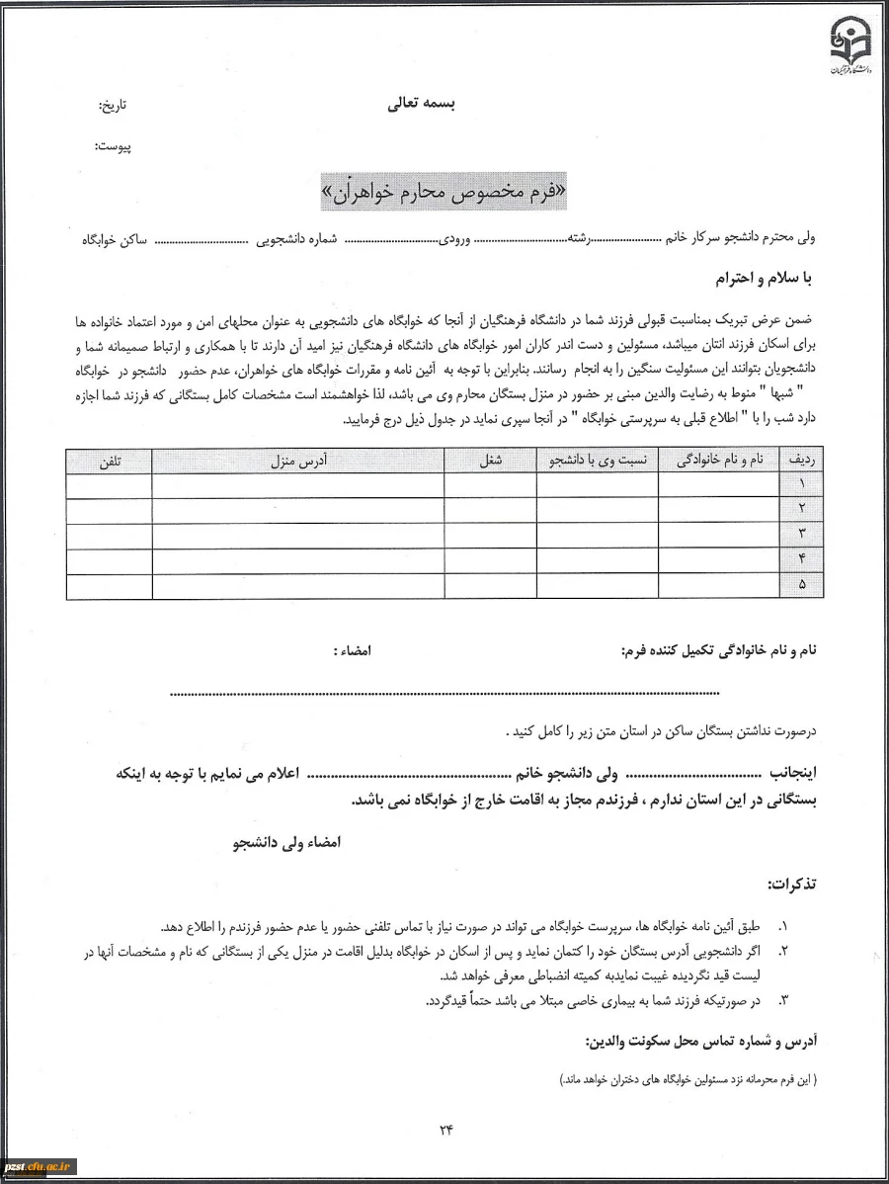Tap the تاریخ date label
114,105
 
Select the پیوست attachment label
113,147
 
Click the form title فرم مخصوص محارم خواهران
445,192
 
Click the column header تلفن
109,462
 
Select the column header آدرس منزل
297,462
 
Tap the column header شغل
490,462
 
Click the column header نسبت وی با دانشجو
598,462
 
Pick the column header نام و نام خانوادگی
718,462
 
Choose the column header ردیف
800,462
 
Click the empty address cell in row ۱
297,485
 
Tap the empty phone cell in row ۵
109,586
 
